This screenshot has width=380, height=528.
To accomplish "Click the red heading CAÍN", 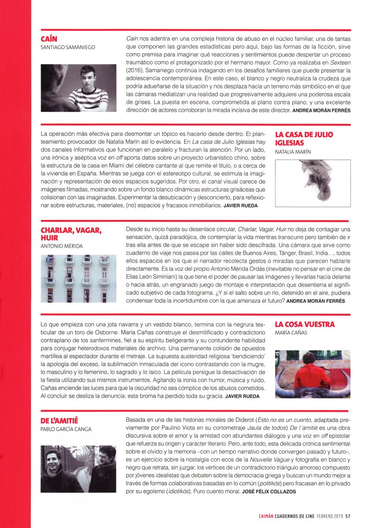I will point(49,39).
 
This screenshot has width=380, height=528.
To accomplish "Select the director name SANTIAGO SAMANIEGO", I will point(68,47).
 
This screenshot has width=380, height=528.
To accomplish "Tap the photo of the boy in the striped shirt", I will point(78,88).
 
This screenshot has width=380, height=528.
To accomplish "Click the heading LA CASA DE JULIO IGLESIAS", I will point(304,139).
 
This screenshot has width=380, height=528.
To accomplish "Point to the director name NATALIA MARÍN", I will point(293,152).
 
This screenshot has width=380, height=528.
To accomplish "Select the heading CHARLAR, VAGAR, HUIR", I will point(71,234).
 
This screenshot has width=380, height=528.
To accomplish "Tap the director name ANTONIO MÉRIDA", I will point(62,246).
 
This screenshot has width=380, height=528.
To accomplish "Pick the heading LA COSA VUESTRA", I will point(305,324).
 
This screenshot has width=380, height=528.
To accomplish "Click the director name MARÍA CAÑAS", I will point(291,333).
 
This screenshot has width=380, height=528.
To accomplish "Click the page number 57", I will point(348,516).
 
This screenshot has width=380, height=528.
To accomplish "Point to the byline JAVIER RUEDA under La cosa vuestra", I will point(242,396).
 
